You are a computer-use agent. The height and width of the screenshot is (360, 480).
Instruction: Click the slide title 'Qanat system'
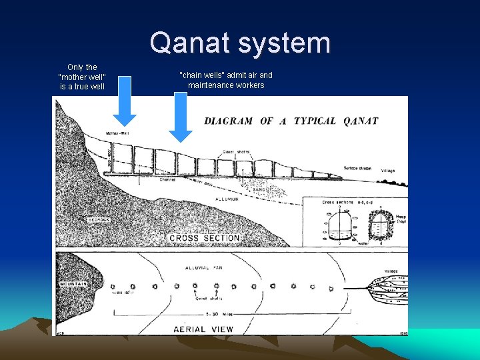240,43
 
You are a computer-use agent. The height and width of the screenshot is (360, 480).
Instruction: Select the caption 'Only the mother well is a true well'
82,77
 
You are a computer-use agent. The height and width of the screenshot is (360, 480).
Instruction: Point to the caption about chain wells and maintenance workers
226,80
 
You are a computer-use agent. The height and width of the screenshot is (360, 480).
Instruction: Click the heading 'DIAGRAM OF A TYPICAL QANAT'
291,121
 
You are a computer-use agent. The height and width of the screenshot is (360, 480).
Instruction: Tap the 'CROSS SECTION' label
204,238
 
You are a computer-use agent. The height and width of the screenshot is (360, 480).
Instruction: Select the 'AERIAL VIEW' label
203,329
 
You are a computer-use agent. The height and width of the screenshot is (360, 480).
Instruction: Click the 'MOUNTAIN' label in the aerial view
73,283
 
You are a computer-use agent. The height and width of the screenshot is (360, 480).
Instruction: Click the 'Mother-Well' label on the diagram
117,133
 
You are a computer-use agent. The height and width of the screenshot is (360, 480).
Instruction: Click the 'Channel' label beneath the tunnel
167,179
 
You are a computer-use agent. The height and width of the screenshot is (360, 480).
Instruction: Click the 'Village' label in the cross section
388,171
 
